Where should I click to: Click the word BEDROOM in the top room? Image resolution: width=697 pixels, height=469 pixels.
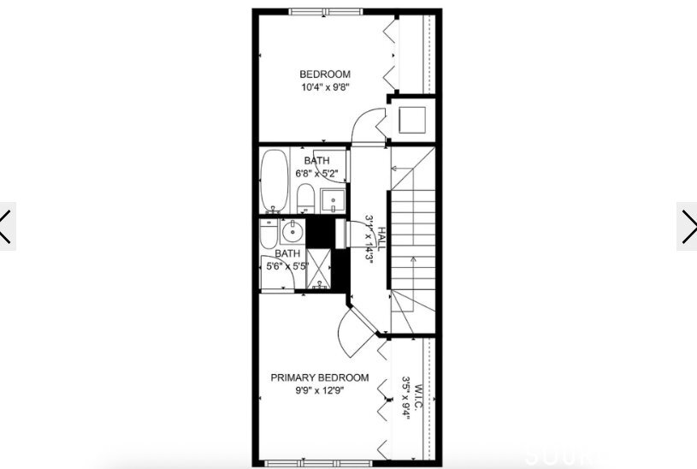point(325,74)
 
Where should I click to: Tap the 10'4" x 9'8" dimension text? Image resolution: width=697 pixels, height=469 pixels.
point(325,87)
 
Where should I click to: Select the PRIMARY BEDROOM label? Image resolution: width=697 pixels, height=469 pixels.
point(320,377)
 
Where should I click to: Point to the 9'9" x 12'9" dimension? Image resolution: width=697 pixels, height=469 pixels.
point(320,391)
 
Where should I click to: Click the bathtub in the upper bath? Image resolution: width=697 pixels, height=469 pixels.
point(275,180)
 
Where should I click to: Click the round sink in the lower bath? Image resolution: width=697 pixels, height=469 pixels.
point(292,230)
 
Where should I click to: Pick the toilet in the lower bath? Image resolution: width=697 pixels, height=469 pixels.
point(267,233)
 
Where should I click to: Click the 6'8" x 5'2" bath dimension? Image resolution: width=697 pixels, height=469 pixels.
point(317,174)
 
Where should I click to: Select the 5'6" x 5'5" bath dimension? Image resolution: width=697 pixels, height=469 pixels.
point(287,266)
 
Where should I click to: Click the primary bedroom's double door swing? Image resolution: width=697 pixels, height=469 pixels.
point(357,331)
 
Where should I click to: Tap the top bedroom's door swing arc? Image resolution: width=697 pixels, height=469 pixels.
point(367,123)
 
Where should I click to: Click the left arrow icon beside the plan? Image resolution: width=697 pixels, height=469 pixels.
point(7,226)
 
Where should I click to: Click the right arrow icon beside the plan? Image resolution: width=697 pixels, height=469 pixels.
point(688,226)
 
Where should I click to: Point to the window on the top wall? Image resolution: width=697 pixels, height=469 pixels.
point(323,11)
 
